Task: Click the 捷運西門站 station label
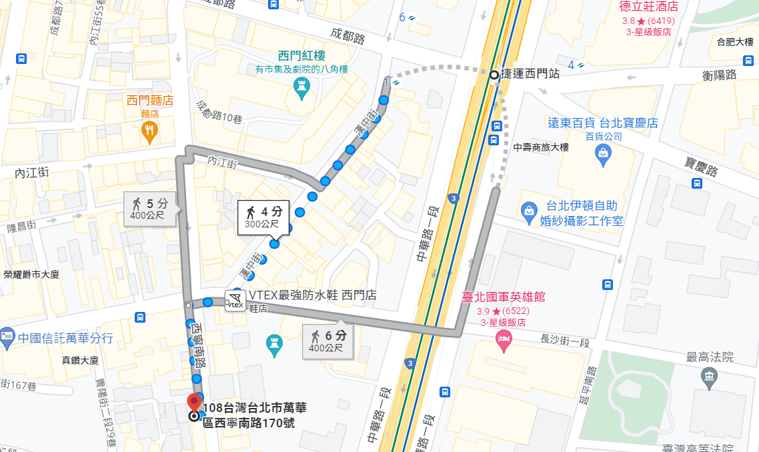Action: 530,75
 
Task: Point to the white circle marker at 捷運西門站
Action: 494,75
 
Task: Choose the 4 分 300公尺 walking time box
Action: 264,217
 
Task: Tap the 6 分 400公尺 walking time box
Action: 327,341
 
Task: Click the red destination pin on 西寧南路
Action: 194,402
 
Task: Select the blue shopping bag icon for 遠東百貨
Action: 603,155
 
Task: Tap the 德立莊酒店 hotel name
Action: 648,7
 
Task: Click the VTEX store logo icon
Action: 235,301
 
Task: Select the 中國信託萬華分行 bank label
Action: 65,337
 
